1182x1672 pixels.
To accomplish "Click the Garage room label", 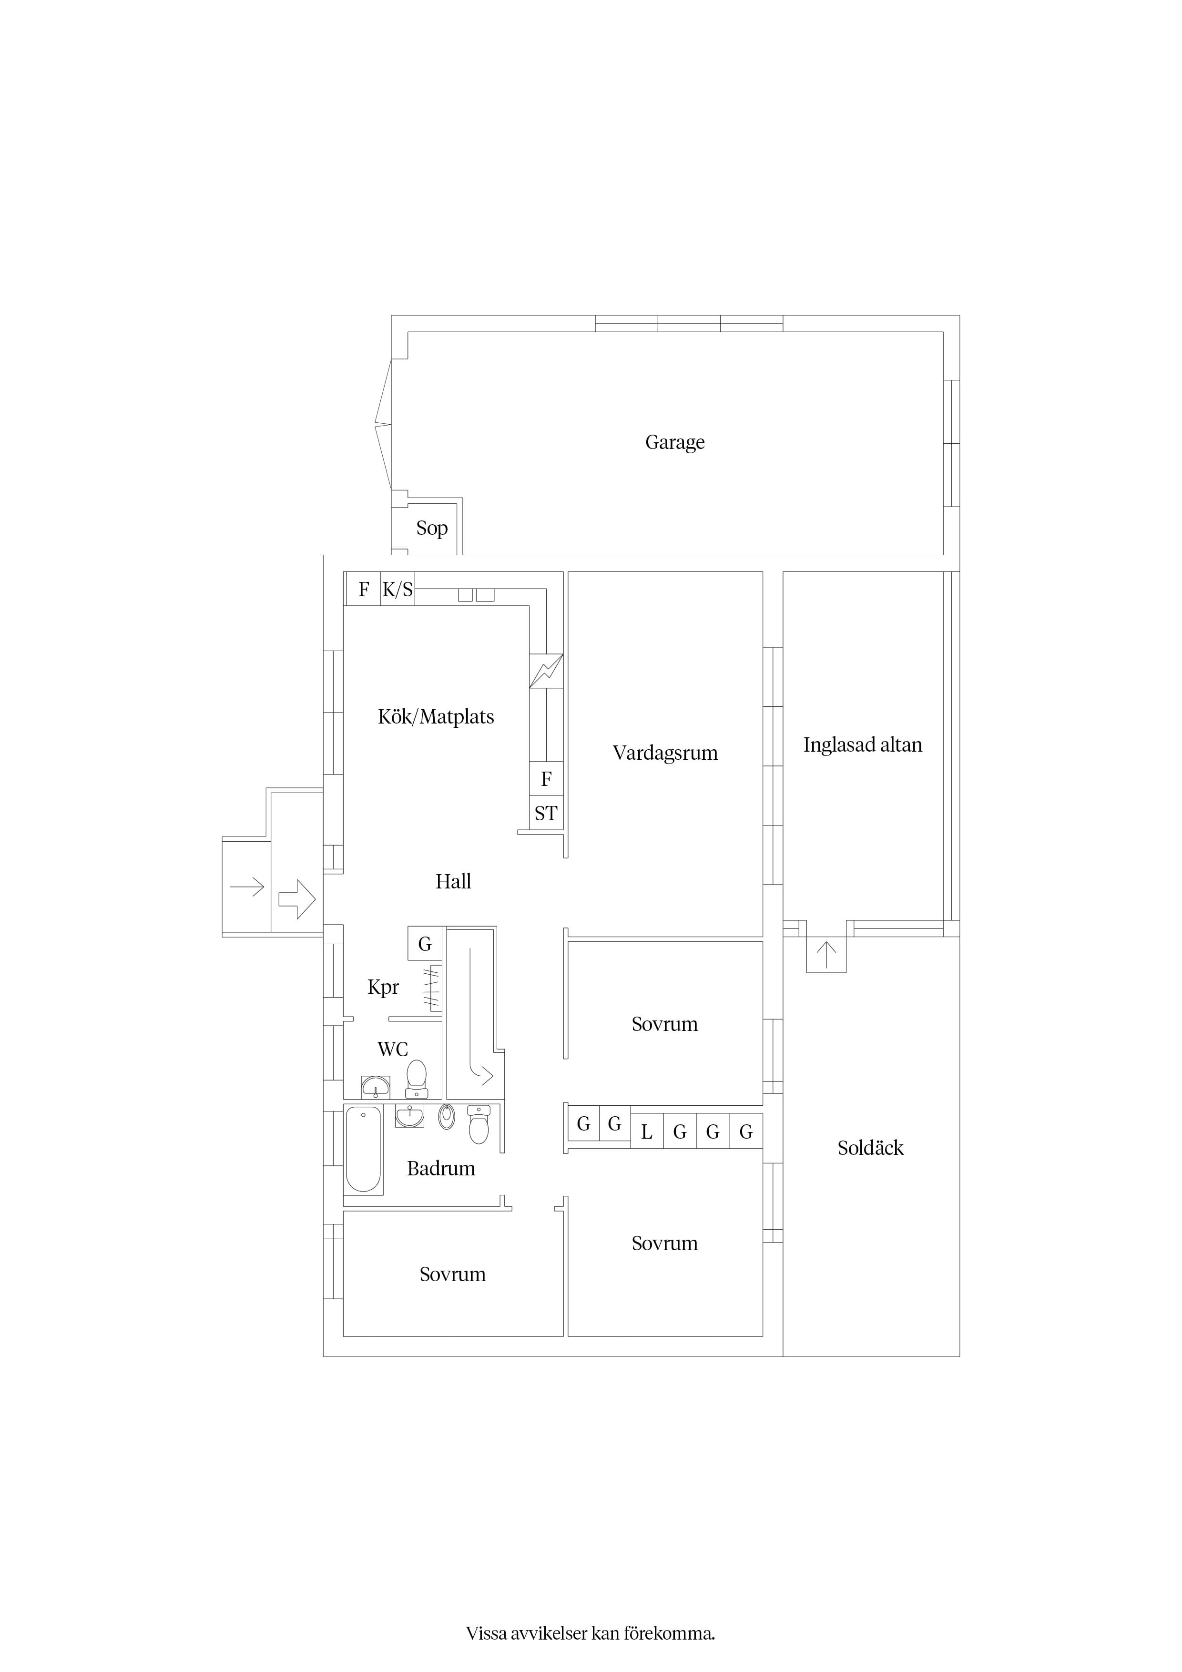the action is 674,442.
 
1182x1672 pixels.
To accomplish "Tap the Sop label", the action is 432,528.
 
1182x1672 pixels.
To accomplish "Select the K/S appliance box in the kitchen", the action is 397,589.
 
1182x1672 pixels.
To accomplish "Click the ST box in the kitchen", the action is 546,814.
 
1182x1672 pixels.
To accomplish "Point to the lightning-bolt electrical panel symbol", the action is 546,671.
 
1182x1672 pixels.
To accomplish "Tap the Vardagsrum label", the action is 665,753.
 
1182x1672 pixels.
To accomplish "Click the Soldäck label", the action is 870,1148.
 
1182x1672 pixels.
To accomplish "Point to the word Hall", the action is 453,881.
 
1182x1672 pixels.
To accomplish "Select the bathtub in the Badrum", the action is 363,1149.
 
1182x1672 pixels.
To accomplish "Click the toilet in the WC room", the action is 417,1079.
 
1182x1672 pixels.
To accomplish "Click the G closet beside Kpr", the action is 425,944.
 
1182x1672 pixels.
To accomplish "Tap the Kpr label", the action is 383,988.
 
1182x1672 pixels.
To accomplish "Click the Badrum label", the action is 440,1168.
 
